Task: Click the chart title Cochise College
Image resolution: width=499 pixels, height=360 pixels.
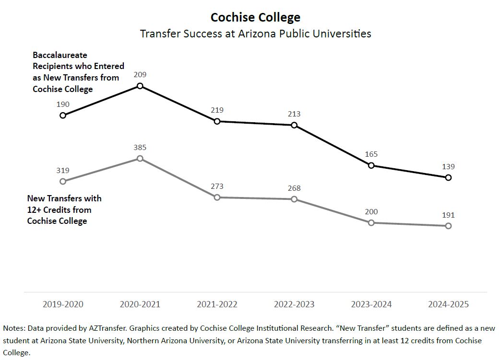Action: pyautogui.click(x=255, y=18)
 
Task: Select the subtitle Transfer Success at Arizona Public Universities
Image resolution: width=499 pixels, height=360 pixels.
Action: pyautogui.click(x=255, y=34)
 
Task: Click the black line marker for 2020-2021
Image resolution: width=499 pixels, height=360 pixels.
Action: pyautogui.click(x=140, y=86)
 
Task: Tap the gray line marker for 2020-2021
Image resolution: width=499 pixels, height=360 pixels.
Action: pyautogui.click(x=140, y=158)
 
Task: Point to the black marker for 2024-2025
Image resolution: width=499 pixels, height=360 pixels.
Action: pyautogui.click(x=448, y=177)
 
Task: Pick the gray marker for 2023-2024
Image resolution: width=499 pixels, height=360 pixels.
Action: pyautogui.click(x=371, y=222)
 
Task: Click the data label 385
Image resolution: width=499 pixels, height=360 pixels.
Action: pyautogui.click(x=140, y=147)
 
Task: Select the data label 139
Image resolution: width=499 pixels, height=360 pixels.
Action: pyautogui.click(x=448, y=167)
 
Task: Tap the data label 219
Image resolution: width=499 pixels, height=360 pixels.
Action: pyautogui.click(x=217, y=110)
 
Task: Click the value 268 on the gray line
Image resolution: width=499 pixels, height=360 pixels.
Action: pyautogui.click(x=294, y=188)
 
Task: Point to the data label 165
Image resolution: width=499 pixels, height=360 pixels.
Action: pyautogui.click(x=371, y=154)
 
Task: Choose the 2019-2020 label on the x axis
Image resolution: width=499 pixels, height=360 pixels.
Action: pyautogui.click(x=63, y=304)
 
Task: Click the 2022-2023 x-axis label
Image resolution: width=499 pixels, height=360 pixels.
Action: pyautogui.click(x=294, y=304)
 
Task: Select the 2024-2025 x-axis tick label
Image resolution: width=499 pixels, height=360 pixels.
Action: pyautogui.click(x=448, y=304)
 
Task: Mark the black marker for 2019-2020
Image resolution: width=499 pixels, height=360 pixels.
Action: pyautogui.click(x=63, y=115)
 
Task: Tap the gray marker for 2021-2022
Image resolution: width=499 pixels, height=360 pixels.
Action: pyautogui.click(x=217, y=197)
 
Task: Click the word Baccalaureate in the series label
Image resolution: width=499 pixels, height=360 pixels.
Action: pyautogui.click(x=60, y=55)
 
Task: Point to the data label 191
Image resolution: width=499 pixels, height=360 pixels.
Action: pyautogui.click(x=448, y=215)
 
